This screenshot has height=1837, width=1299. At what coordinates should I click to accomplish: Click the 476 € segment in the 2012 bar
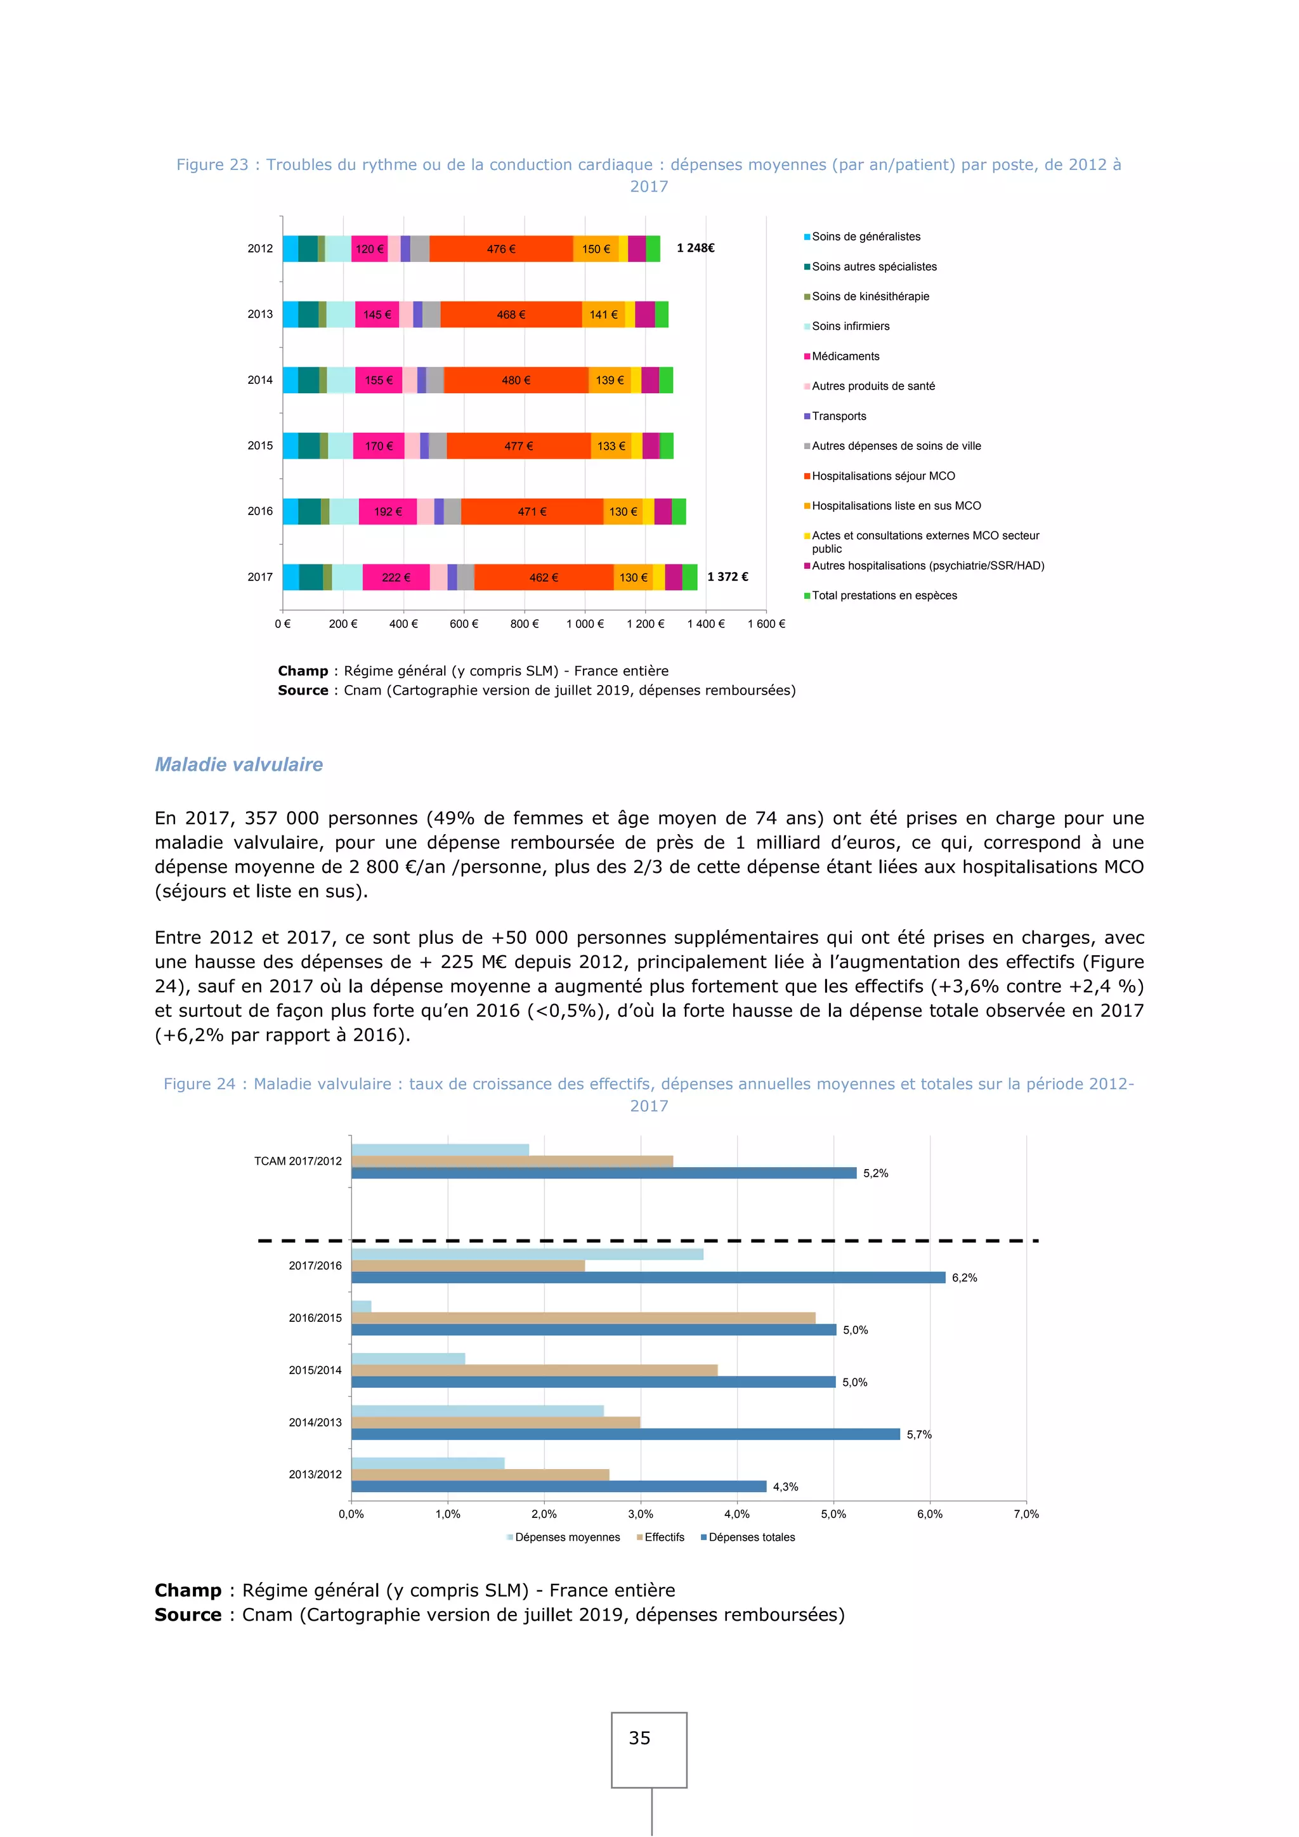point(500,249)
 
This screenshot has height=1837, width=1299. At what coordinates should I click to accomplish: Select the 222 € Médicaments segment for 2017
point(396,578)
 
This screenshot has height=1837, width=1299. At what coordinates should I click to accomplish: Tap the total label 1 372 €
point(727,577)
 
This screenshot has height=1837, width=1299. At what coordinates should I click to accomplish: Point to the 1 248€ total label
point(695,248)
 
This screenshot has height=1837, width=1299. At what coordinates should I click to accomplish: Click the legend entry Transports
point(839,416)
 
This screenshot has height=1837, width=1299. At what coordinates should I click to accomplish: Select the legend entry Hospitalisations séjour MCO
point(882,476)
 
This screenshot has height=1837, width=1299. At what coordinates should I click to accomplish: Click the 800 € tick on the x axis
point(524,624)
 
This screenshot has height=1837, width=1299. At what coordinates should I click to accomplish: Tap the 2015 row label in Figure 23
point(260,446)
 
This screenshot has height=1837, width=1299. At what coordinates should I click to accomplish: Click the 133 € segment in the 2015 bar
point(611,447)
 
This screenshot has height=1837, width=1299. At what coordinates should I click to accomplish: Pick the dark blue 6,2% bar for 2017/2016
point(648,1278)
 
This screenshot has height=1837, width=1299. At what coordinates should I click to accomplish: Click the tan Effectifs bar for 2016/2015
point(583,1317)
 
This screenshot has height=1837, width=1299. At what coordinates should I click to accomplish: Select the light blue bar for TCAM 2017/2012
point(440,1150)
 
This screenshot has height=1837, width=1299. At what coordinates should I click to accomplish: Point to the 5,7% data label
point(919,1435)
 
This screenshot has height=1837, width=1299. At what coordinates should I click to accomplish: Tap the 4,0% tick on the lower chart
point(736,1513)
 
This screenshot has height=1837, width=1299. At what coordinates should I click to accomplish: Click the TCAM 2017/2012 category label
point(297,1161)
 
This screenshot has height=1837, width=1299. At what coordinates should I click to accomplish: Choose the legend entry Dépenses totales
point(751,1537)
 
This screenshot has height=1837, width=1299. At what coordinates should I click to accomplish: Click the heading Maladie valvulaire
point(238,765)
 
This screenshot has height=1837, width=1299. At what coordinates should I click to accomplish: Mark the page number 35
point(639,1738)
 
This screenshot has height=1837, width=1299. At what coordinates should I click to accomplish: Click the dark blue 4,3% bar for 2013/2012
point(558,1487)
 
